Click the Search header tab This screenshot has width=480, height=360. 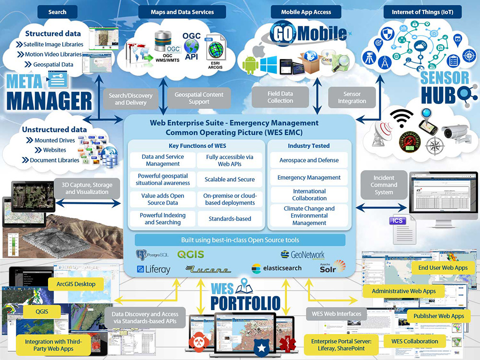pyautogui.click(x=57, y=12)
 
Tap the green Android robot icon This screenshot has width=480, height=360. pyautogui.click(x=250, y=64)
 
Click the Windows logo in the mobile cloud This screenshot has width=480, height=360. pyautogui.click(x=269, y=63)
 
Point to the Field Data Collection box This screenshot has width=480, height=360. pyautogui.click(x=280, y=97)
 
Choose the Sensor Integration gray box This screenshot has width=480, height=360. pyautogui.click(x=351, y=97)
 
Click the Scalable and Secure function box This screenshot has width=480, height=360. pyautogui.click(x=230, y=179)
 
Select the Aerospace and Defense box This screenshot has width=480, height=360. pyautogui.click(x=309, y=160)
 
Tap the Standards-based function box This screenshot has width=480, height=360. pyautogui.click(x=230, y=219)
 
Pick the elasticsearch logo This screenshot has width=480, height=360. pyautogui.click(x=277, y=268)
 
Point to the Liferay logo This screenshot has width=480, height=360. pyautogui.click(x=153, y=269)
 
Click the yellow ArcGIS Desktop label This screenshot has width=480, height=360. pyautogui.click(x=76, y=284)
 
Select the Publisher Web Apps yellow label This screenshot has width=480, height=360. pyautogui.click(x=438, y=316)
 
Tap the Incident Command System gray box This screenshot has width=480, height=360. pyautogui.click(x=384, y=185)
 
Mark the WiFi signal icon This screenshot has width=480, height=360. pyautogui.click(x=400, y=117)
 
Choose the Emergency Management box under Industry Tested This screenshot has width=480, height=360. pyautogui.click(x=309, y=177)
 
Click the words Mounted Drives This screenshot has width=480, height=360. pyautogui.click(x=55, y=140)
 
